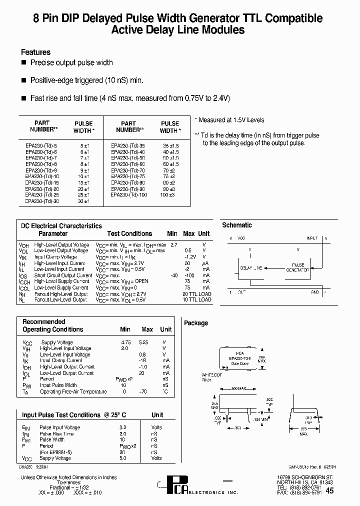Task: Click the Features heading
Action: (35, 52)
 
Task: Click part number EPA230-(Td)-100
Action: (128, 194)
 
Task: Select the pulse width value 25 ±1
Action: (83, 194)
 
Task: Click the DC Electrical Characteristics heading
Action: (61, 226)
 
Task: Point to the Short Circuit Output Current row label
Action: (62, 275)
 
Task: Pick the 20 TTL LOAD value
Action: (197, 294)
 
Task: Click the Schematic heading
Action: (237, 225)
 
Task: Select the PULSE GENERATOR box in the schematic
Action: (297, 267)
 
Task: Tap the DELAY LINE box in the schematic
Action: (251, 268)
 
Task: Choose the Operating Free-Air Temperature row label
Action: (73, 391)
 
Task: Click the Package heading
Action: (196, 323)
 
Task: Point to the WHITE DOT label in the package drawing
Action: (211, 374)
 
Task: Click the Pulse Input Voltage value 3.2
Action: (122, 427)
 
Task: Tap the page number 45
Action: (330, 491)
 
